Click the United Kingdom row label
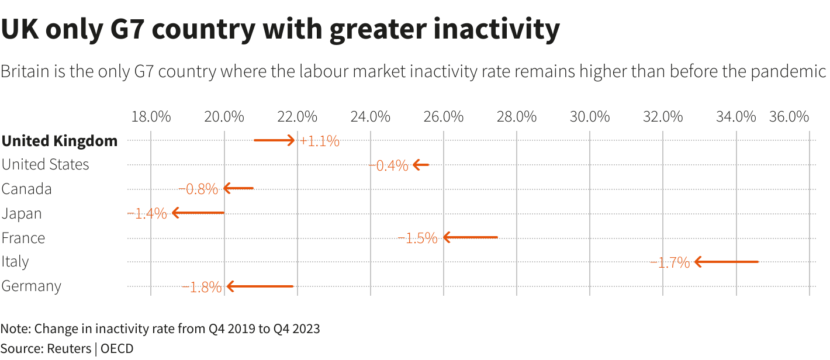[x=59, y=141]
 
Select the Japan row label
[x=22, y=214]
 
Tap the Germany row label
[x=31, y=286]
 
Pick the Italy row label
[x=15, y=262]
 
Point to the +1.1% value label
[x=319, y=141]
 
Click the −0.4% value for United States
[x=389, y=165]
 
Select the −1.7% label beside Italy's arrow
[x=670, y=262]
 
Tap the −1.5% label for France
[x=418, y=238]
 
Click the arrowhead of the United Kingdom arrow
[x=292, y=140]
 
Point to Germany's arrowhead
[x=230, y=286]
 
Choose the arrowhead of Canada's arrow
[x=226, y=188]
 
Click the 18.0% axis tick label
[x=151, y=116]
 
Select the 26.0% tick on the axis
[x=444, y=116]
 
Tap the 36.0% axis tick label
[x=788, y=116]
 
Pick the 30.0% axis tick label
[x=590, y=116]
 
